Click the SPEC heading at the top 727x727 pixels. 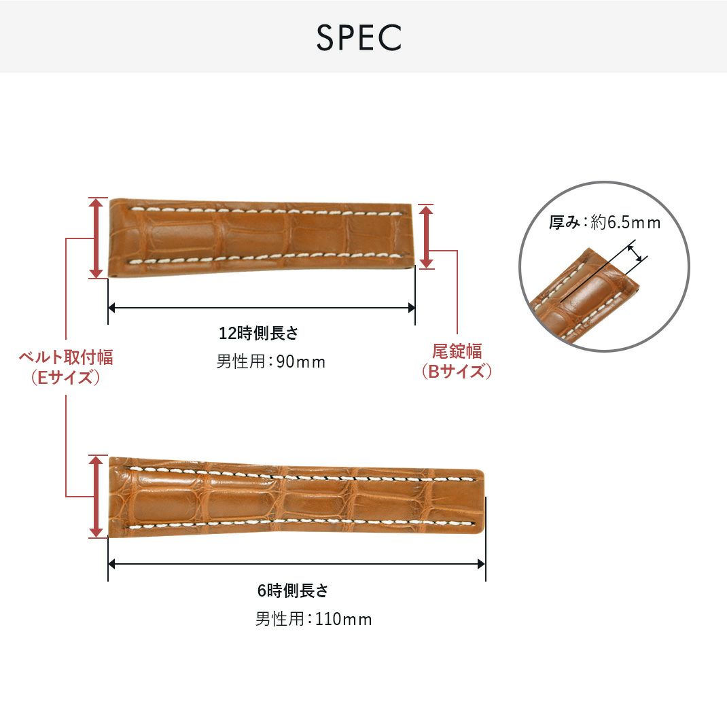tap(358, 38)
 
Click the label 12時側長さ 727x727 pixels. tap(258, 334)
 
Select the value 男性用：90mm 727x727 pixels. tap(271, 361)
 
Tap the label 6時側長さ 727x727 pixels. tap(293, 590)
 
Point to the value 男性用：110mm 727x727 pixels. tap(313, 619)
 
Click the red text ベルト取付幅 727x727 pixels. tap(66, 357)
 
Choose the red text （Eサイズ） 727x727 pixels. tap(66, 378)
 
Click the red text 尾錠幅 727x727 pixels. tap(457, 351)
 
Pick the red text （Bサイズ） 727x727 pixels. tap(457, 372)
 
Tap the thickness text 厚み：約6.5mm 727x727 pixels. tap(605, 222)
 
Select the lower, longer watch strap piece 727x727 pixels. tap(296, 496)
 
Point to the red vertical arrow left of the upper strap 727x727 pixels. tap(96, 238)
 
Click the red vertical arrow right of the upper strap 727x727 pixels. tap(426, 237)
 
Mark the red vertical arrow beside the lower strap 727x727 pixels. tap(96, 496)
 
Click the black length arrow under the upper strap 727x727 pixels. tap(262, 308)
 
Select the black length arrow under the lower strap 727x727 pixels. tap(296, 564)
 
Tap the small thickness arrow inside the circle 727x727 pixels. tap(638, 253)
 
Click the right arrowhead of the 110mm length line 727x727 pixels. tap(481, 564)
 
